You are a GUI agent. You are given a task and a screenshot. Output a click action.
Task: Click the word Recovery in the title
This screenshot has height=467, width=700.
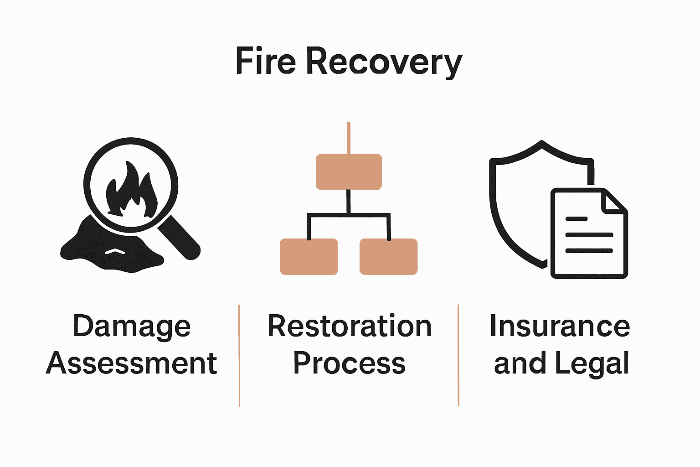[384, 62]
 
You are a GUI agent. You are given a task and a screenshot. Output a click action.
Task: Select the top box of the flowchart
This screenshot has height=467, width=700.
[349, 171]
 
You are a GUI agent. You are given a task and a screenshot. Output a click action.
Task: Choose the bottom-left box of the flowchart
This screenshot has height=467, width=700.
[309, 257]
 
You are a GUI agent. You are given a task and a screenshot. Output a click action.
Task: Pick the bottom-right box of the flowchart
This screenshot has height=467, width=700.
[388, 257]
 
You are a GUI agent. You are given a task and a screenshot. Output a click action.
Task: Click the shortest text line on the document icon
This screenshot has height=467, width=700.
[576, 219]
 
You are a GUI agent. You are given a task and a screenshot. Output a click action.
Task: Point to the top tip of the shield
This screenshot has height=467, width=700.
[541, 142]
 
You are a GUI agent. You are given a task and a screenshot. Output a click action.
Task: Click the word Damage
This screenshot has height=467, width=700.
[132, 327]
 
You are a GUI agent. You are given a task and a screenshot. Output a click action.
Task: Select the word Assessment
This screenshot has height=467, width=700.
[132, 363]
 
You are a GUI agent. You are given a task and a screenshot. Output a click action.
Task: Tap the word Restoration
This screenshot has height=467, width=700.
[350, 327]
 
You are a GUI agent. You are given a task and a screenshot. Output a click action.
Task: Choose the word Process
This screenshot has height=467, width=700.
[349, 363]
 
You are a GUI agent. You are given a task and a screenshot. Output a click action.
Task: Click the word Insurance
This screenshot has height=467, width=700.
[560, 327]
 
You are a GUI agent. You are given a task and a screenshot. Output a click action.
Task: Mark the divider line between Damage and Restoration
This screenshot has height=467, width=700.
[239, 356]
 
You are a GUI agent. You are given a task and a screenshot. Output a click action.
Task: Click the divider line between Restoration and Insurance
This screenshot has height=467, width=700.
[458, 356]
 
